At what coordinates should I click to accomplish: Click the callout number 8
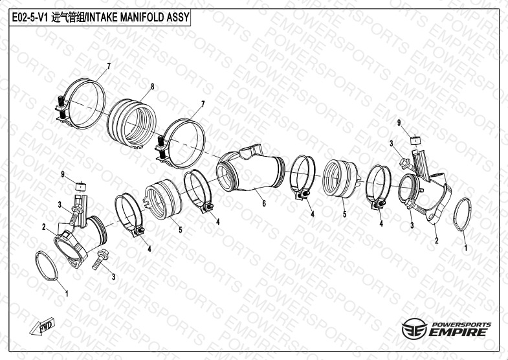point(152,87)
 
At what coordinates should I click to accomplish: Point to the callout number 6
point(264,203)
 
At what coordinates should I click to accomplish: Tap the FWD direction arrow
point(42,326)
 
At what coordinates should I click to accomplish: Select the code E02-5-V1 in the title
point(30,17)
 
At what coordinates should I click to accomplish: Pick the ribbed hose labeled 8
point(132,124)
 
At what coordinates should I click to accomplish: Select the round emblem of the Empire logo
point(414,328)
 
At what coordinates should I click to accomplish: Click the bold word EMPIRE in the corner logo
point(458,332)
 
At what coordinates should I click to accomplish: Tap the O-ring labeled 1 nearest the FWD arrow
point(47,266)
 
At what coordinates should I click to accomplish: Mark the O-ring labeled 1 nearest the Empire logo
point(462,214)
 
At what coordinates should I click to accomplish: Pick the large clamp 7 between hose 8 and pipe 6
point(181,144)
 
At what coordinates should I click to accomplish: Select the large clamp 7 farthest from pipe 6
point(81,104)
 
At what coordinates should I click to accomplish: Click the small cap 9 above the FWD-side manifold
point(81,187)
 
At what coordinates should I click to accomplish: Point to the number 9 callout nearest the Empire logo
point(399,122)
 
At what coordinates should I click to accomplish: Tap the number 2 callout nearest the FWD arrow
point(44,227)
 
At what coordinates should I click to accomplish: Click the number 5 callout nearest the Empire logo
point(344,214)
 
